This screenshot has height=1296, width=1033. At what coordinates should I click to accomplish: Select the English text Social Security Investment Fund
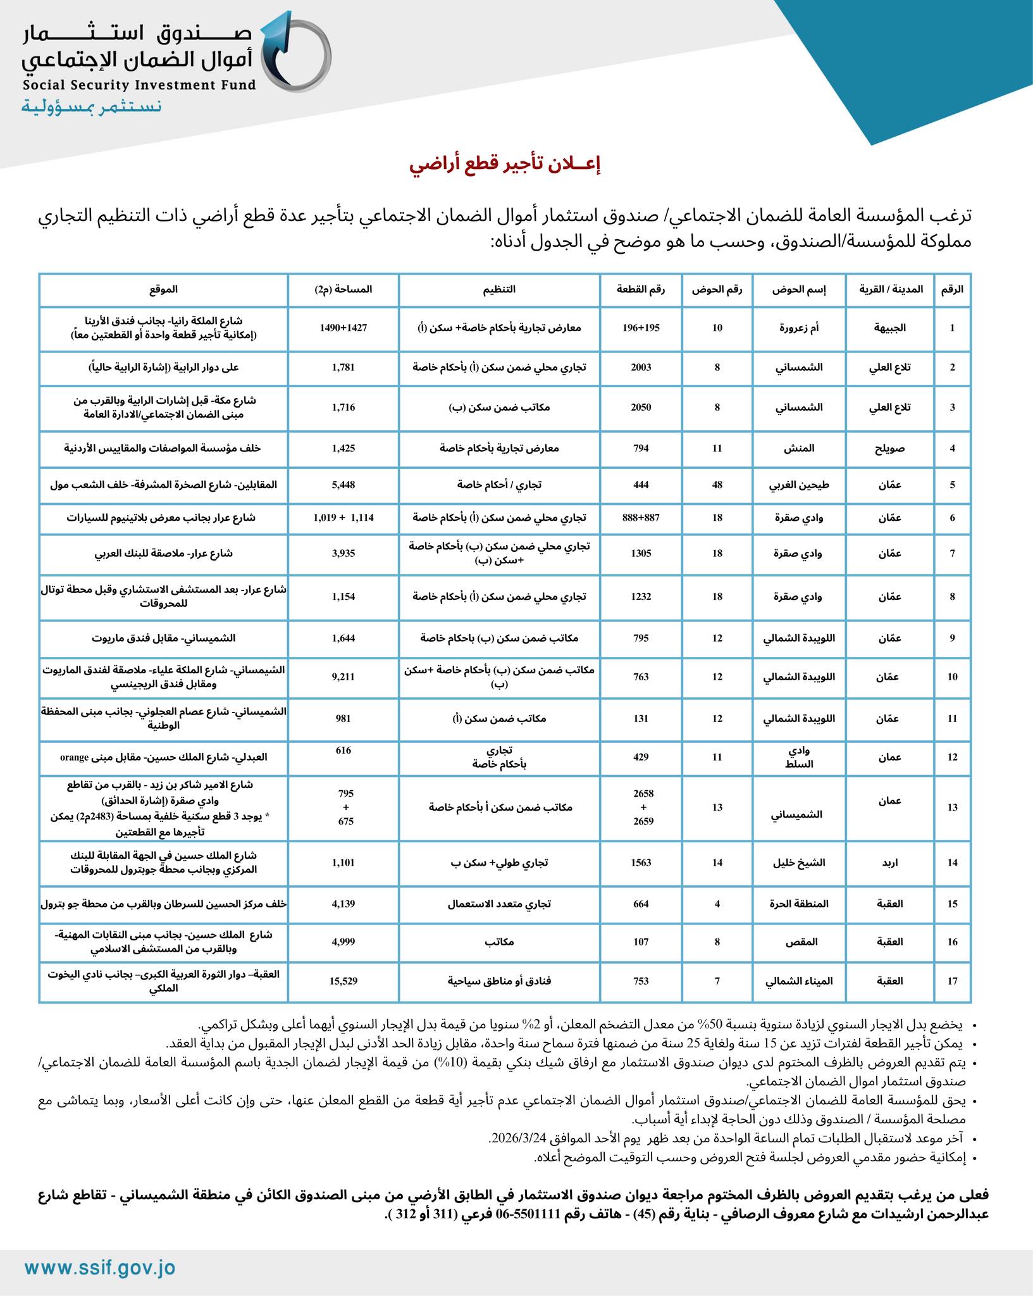pyautogui.click(x=140, y=85)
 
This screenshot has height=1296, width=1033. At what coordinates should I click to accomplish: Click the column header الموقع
pyautogui.click(x=163, y=290)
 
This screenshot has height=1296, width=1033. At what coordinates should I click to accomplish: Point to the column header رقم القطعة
pyautogui.click(x=641, y=290)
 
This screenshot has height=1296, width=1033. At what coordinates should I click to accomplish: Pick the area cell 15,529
pyautogui.click(x=343, y=981)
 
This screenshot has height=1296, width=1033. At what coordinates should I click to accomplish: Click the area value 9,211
pyautogui.click(x=343, y=676)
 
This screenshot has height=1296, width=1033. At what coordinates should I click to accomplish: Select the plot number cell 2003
pyautogui.click(x=641, y=367)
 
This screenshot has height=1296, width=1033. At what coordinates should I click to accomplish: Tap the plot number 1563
pyautogui.click(x=641, y=863)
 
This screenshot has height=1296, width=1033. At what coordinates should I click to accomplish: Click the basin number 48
pyautogui.click(x=717, y=485)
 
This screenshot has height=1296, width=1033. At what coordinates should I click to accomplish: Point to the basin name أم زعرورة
pyautogui.click(x=799, y=328)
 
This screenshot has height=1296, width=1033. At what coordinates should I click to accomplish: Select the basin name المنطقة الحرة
pyautogui.click(x=799, y=904)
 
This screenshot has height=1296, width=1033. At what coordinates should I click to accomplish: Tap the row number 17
pyautogui.click(x=952, y=981)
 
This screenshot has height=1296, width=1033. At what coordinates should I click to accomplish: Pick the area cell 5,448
pyautogui.click(x=343, y=485)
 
